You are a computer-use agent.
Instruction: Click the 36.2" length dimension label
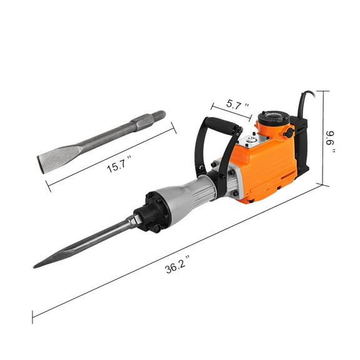coord(176,267)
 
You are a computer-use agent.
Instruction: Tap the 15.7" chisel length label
coord(118,165)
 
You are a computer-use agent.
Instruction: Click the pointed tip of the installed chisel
coord(39,265)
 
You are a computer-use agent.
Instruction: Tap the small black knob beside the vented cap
coord(288,132)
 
